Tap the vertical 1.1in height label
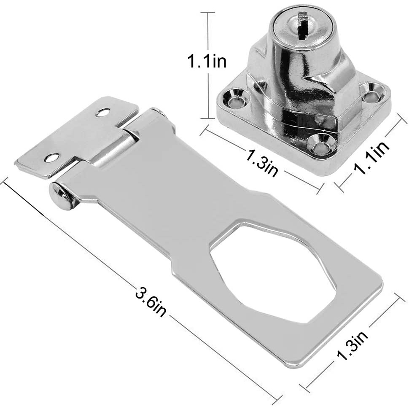pyautogui.click(x=207, y=62)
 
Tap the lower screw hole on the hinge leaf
pyautogui.click(x=51, y=158)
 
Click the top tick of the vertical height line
pyautogui.click(x=207, y=13)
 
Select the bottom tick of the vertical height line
pyautogui.click(x=207, y=118)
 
